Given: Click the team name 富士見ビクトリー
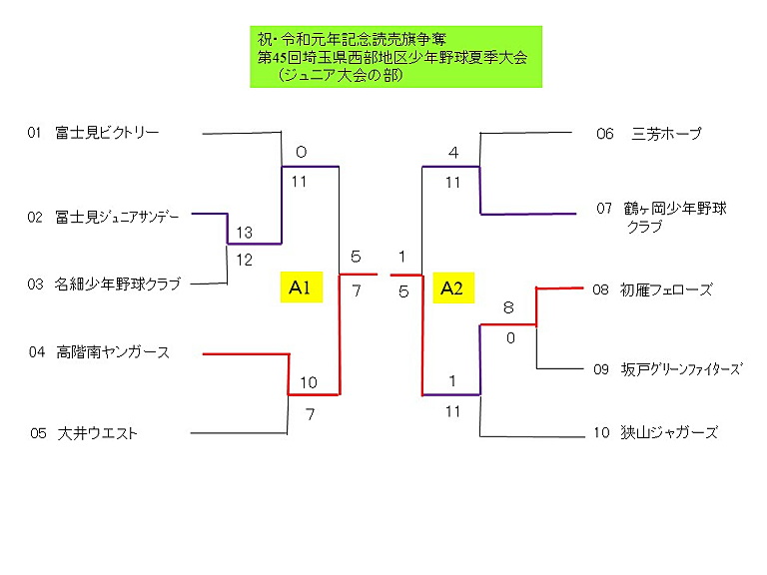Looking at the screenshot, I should (108, 132).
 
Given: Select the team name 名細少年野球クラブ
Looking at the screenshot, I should (118, 285).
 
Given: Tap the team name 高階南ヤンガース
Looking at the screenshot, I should (113, 352).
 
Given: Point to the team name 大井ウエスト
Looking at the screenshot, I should (98, 433).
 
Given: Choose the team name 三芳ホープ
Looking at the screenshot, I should (667, 133).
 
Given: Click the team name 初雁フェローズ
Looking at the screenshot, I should (665, 289).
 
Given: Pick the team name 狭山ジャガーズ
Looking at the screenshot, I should (668, 432).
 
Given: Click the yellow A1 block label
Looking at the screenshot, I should (300, 288).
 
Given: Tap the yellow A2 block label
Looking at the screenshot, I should (452, 288).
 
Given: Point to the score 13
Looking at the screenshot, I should (243, 233).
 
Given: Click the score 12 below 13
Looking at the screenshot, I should (243, 259).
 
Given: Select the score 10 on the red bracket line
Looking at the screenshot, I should (308, 382).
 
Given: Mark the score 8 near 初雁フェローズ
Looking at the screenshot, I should (508, 308).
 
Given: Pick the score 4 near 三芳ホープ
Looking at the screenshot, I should (452, 153).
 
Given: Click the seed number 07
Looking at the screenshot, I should (604, 209).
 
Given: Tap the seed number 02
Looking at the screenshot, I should (35, 217).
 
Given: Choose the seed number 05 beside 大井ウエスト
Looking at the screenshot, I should (39, 433).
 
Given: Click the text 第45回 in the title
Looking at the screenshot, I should (280, 58).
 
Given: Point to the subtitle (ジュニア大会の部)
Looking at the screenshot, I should (340, 75).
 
